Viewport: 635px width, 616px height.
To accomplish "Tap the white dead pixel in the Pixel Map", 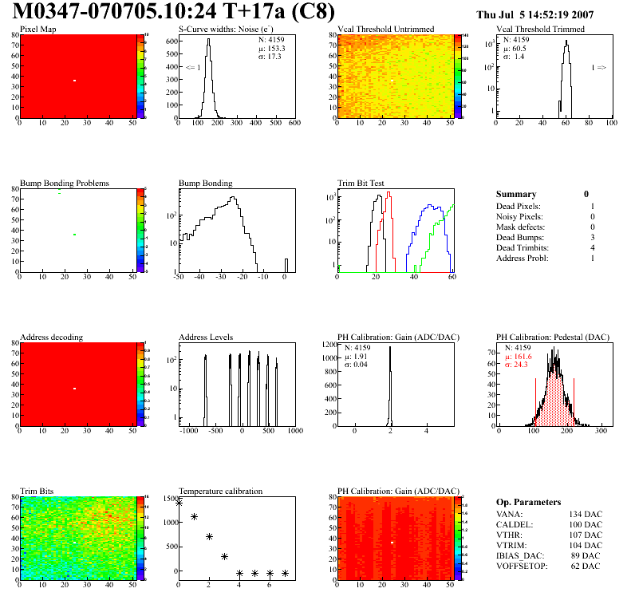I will tap(74, 81).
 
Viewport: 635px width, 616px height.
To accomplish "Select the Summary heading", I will tap(516, 194).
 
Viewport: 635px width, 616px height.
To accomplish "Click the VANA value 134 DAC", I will tap(585, 514).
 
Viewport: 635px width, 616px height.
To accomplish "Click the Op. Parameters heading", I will tap(528, 502).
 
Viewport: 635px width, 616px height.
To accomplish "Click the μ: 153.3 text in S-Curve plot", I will tap(271, 48).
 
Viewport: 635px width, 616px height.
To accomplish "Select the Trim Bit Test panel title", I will tap(361, 184).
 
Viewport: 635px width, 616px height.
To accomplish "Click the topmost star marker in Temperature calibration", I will tap(179, 503).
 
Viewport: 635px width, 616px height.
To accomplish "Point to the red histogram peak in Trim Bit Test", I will tap(389, 193).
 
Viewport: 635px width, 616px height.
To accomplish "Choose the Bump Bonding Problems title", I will tap(65, 184).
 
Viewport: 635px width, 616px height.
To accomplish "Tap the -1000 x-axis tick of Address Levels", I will tap(189, 431).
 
